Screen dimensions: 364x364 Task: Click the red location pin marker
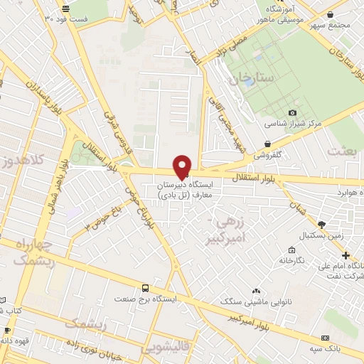click(x=183, y=166)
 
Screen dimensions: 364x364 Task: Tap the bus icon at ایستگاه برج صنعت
click(x=146, y=288)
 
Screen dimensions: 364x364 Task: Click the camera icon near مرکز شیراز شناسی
click(x=292, y=113)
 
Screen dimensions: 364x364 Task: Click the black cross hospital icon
click(x=346, y=255)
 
